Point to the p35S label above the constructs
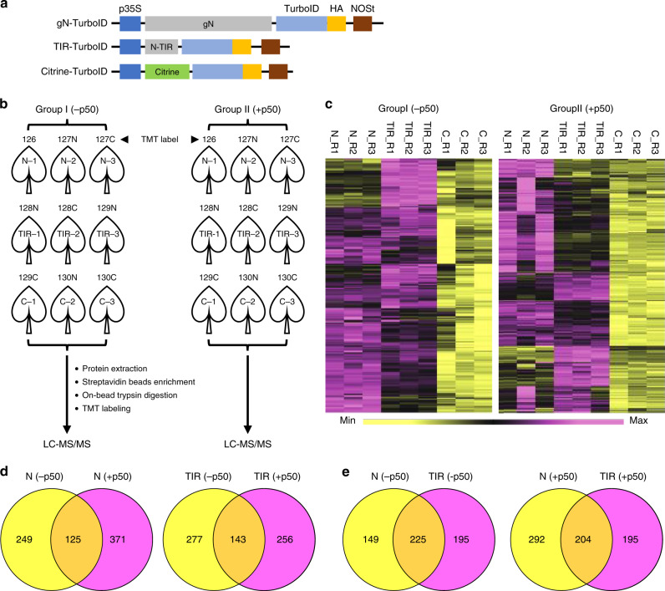(130, 8)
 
